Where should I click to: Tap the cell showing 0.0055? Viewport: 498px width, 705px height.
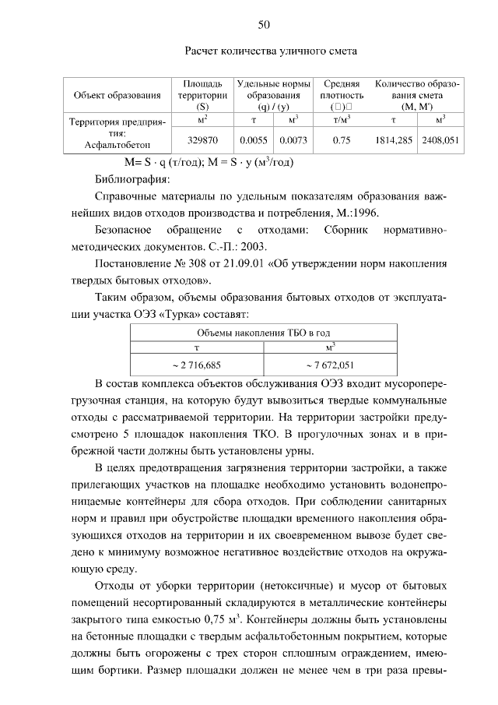click(254, 140)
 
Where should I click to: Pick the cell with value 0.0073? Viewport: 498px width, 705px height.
click(293, 140)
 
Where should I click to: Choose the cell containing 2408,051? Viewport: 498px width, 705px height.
click(440, 140)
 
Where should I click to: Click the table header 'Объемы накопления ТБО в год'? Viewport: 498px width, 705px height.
click(265, 332)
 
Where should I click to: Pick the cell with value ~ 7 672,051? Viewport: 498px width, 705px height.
click(331, 364)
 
